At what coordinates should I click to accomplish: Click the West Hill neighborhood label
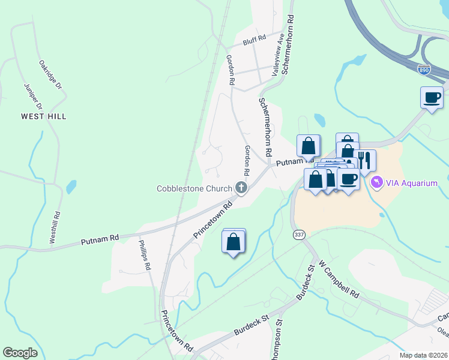tap(43, 116)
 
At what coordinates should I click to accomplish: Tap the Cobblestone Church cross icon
tap(241, 188)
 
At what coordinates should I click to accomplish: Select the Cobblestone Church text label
tap(194, 188)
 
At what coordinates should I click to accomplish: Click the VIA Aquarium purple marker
tap(376, 182)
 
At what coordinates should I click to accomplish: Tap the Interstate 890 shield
tap(424, 70)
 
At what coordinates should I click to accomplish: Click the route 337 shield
tap(300, 234)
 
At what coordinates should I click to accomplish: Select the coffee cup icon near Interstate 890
tap(432, 97)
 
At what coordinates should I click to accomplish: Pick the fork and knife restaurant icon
tap(364, 160)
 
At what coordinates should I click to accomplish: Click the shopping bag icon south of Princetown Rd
tap(234, 242)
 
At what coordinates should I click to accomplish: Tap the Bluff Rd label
tap(254, 41)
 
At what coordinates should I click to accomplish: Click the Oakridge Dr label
tap(51, 75)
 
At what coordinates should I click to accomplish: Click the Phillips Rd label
tap(146, 257)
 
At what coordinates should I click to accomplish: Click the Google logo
tap(20, 353)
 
